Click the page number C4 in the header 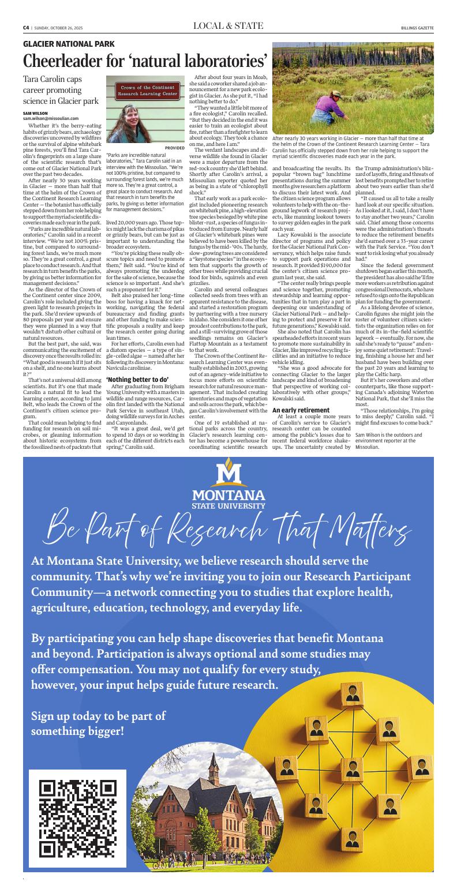(26, 27)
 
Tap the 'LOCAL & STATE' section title (228, 26)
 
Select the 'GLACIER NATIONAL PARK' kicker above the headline (69, 44)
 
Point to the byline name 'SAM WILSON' (35, 113)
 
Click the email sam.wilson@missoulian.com (50, 118)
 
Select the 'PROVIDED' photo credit (174, 148)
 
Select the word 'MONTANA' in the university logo (228, 496)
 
